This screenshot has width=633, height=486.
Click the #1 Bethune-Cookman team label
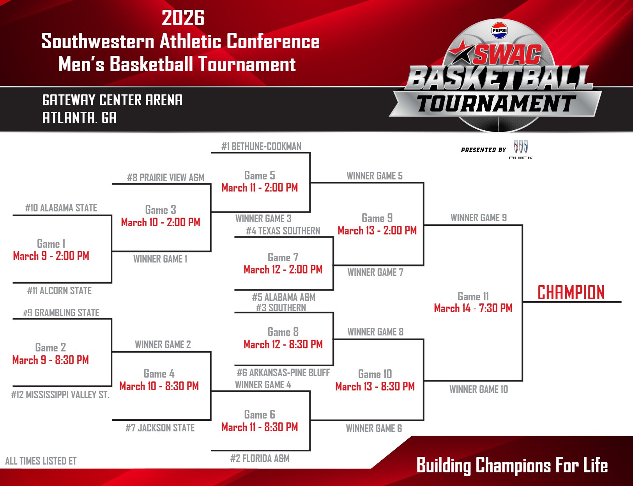(x=261, y=146)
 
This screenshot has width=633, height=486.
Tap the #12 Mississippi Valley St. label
(x=60, y=395)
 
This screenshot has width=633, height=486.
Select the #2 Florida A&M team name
(x=260, y=458)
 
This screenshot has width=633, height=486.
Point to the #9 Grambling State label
(x=61, y=313)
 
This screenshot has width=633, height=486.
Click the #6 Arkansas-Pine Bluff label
(x=283, y=372)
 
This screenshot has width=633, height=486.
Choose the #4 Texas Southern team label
(x=283, y=231)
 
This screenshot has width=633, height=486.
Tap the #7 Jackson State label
(x=160, y=428)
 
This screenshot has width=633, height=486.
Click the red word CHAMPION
(x=571, y=293)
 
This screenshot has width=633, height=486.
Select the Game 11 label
(x=473, y=296)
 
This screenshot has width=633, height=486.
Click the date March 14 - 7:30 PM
(x=473, y=308)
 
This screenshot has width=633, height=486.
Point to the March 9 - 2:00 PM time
(x=51, y=256)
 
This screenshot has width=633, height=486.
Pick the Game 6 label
(x=260, y=414)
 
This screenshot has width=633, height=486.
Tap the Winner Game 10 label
(x=479, y=389)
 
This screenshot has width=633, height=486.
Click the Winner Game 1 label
(x=160, y=259)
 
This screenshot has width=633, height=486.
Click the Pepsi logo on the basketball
(x=499, y=30)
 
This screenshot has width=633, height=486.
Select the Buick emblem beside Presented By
(x=521, y=147)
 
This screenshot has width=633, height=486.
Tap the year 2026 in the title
(x=183, y=18)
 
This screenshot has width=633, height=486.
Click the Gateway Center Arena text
(x=112, y=100)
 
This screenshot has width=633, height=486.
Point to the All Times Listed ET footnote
(x=41, y=461)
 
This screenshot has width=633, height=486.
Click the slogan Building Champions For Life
(x=512, y=465)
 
